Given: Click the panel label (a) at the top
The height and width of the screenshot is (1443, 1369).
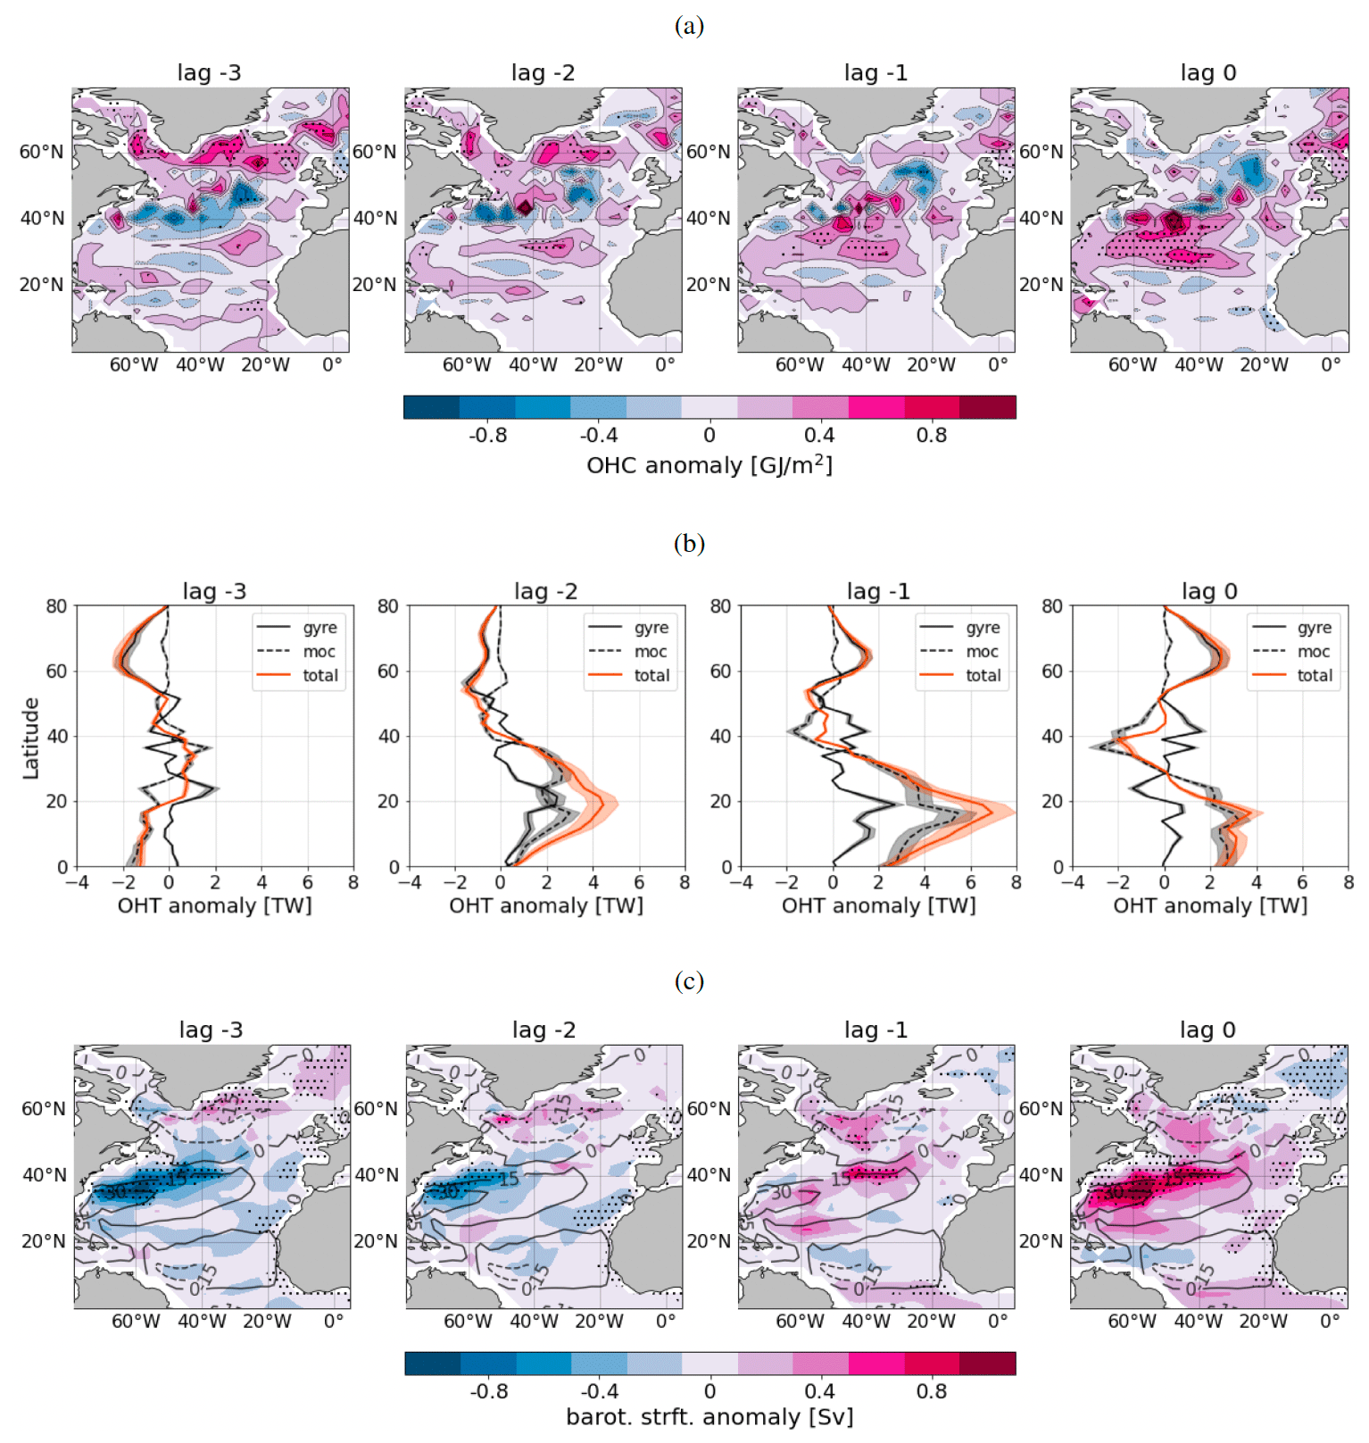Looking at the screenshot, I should pyautogui.click(x=689, y=26).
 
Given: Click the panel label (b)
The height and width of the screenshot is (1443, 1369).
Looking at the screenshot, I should pyautogui.click(x=689, y=543).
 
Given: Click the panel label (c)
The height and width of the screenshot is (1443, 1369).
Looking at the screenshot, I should pyautogui.click(x=689, y=981).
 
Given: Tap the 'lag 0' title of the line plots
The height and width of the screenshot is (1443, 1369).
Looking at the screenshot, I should pyautogui.click(x=1209, y=591).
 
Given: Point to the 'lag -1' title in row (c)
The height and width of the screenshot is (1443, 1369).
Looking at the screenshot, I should pyautogui.click(x=875, y=1030).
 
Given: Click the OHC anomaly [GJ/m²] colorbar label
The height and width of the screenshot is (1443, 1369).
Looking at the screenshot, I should pyautogui.click(x=709, y=465).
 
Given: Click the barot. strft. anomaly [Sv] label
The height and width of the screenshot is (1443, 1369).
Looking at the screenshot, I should pyautogui.click(x=709, y=1417).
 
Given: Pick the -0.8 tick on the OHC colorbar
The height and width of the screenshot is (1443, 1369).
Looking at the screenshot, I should pyautogui.click(x=487, y=436).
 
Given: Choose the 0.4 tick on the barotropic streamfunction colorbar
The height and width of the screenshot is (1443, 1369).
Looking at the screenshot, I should pyautogui.click(x=819, y=1391).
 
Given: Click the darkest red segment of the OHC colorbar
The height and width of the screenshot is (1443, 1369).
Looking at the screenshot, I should pyautogui.click(x=988, y=407).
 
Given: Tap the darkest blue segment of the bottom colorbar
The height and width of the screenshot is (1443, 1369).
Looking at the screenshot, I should pyautogui.click(x=432, y=1364).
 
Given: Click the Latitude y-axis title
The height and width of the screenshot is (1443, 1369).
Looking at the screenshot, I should pyautogui.click(x=31, y=738).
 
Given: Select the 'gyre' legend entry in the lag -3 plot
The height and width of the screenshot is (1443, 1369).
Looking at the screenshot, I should pyautogui.click(x=319, y=628).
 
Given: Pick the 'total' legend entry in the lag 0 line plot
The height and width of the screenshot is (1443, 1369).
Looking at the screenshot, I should pyautogui.click(x=1314, y=676).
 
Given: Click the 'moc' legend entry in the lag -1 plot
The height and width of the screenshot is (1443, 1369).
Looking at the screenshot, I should pyautogui.click(x=983, y=652).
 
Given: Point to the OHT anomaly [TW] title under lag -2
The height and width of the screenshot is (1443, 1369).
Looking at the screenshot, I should pyautogui.click(x=546, y=905).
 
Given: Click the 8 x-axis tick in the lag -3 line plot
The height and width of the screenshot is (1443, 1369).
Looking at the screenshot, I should pyautogui.click(x=353, y=882).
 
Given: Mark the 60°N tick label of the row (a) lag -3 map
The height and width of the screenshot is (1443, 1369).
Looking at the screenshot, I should pyautogui.click(x=42, y=152).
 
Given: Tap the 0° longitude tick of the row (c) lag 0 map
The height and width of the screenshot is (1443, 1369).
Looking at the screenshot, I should pyautogui.click(x=1330, y=1321).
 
